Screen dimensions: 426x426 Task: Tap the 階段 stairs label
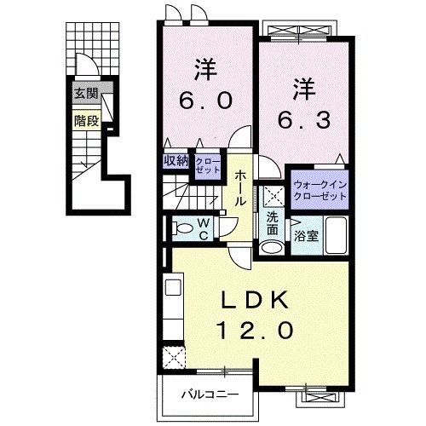click(x=84, y=120)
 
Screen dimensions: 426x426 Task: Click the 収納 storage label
click(x=175, y=160)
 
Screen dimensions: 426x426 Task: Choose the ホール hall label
click(x=241, y=188)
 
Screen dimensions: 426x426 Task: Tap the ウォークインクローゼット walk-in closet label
click(x=320, y=189)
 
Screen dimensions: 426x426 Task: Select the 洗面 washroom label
click(x=272, y=223)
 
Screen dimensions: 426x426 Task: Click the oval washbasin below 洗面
click(x=271, y=248)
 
